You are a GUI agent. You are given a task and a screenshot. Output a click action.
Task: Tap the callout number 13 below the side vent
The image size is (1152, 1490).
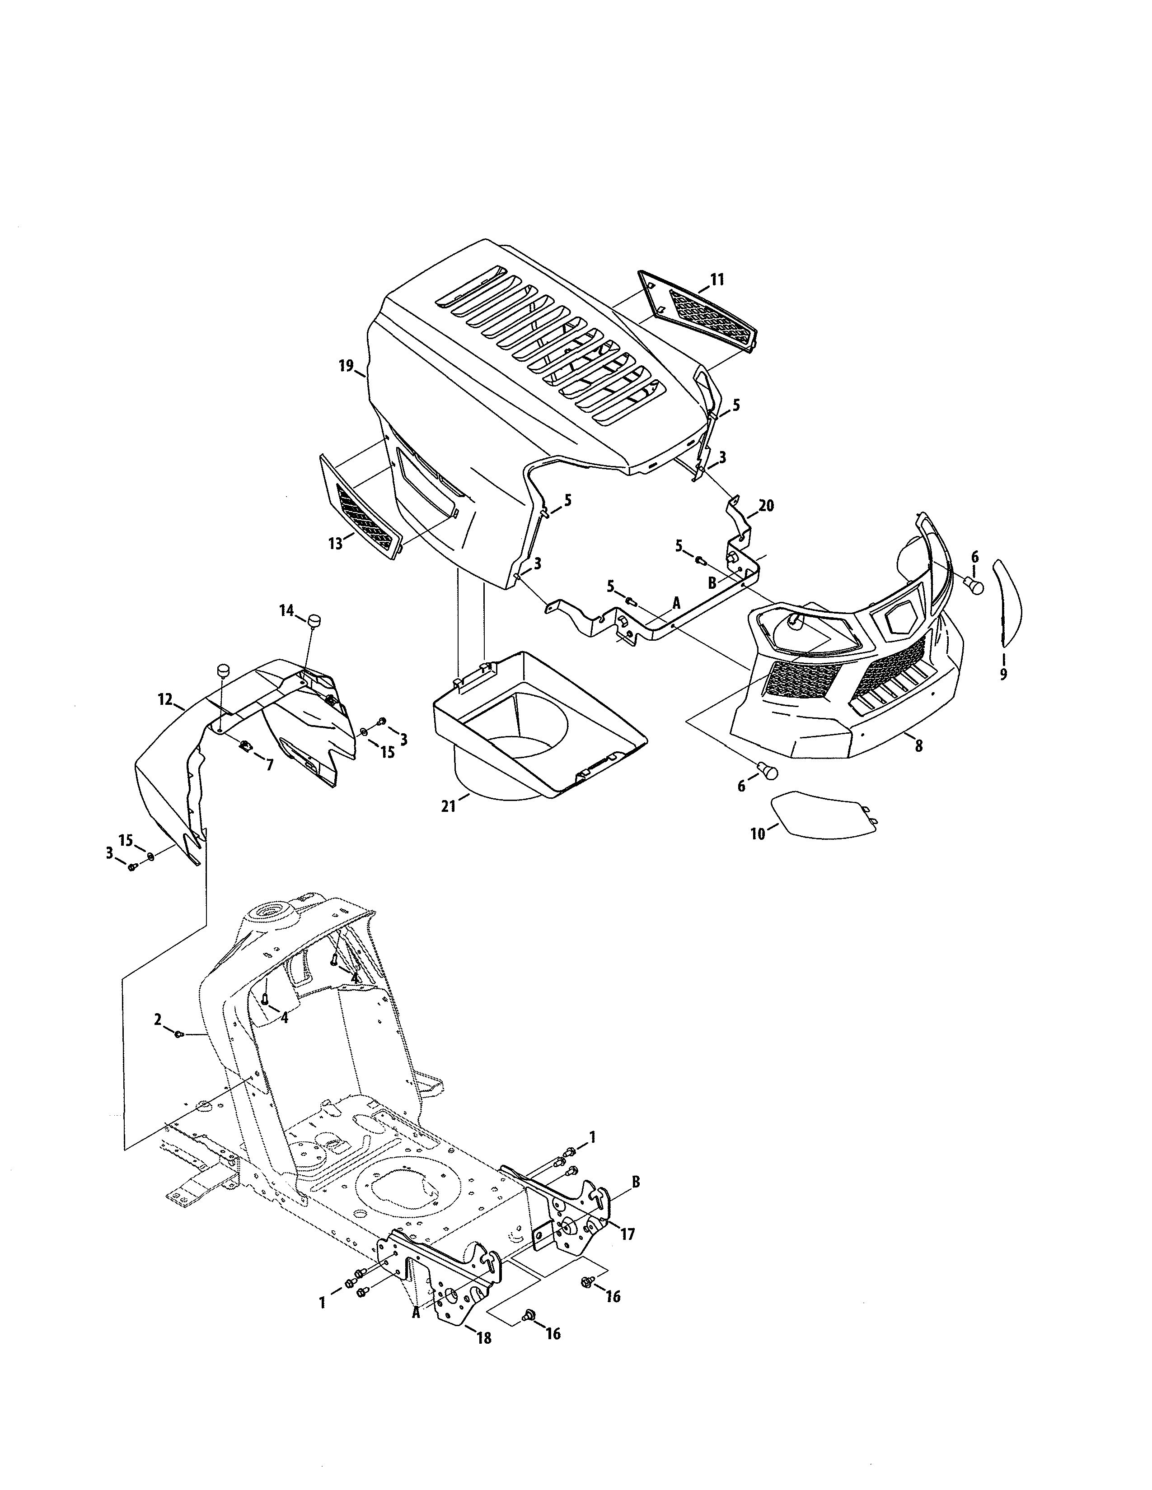click(335, 544)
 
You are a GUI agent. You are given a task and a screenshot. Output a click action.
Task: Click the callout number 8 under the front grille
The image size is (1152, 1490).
click(918, 746)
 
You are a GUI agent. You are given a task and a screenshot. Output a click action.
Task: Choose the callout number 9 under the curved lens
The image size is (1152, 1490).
click(1003, 675)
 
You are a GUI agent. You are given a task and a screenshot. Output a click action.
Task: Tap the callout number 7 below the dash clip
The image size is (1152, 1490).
click(270, 765)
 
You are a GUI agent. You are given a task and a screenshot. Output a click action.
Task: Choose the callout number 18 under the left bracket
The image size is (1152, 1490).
click(483, 1338)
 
